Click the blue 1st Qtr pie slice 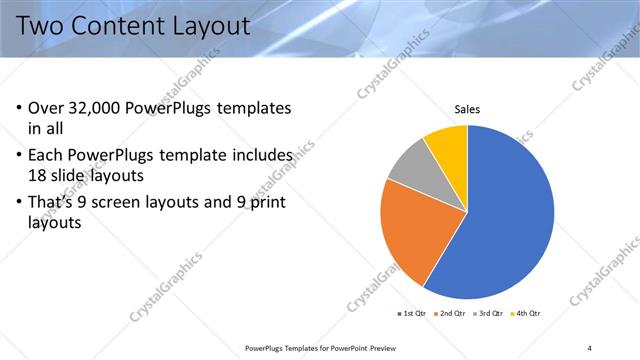[x=500, y=220]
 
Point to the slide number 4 [x=591, y=348]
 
